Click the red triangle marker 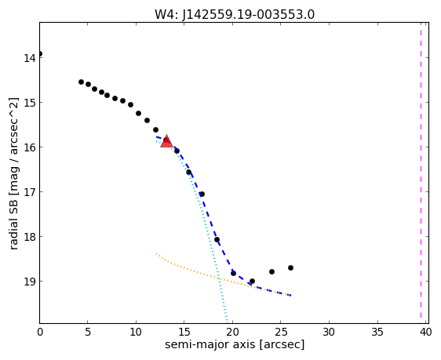tap(166, 141)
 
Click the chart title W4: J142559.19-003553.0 tap(235, 15)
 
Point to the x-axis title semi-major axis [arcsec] tap(235, 344)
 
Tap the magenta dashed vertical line tap(421, 170)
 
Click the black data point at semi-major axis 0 tap(40, 53)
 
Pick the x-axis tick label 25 tap(280, 332)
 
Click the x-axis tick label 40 tap(425, 332)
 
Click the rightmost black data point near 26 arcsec tap(290, 267)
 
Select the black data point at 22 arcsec tap(252, 281)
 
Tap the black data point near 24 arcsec tap(272, 271)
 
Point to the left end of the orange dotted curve tap(156, 253)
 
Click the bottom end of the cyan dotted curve tap(227, 322)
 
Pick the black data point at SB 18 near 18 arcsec tap(217, 239)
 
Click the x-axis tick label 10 tap(136, 332)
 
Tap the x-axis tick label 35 tap(377, 332)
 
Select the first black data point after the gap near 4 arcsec tap(81, 82)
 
